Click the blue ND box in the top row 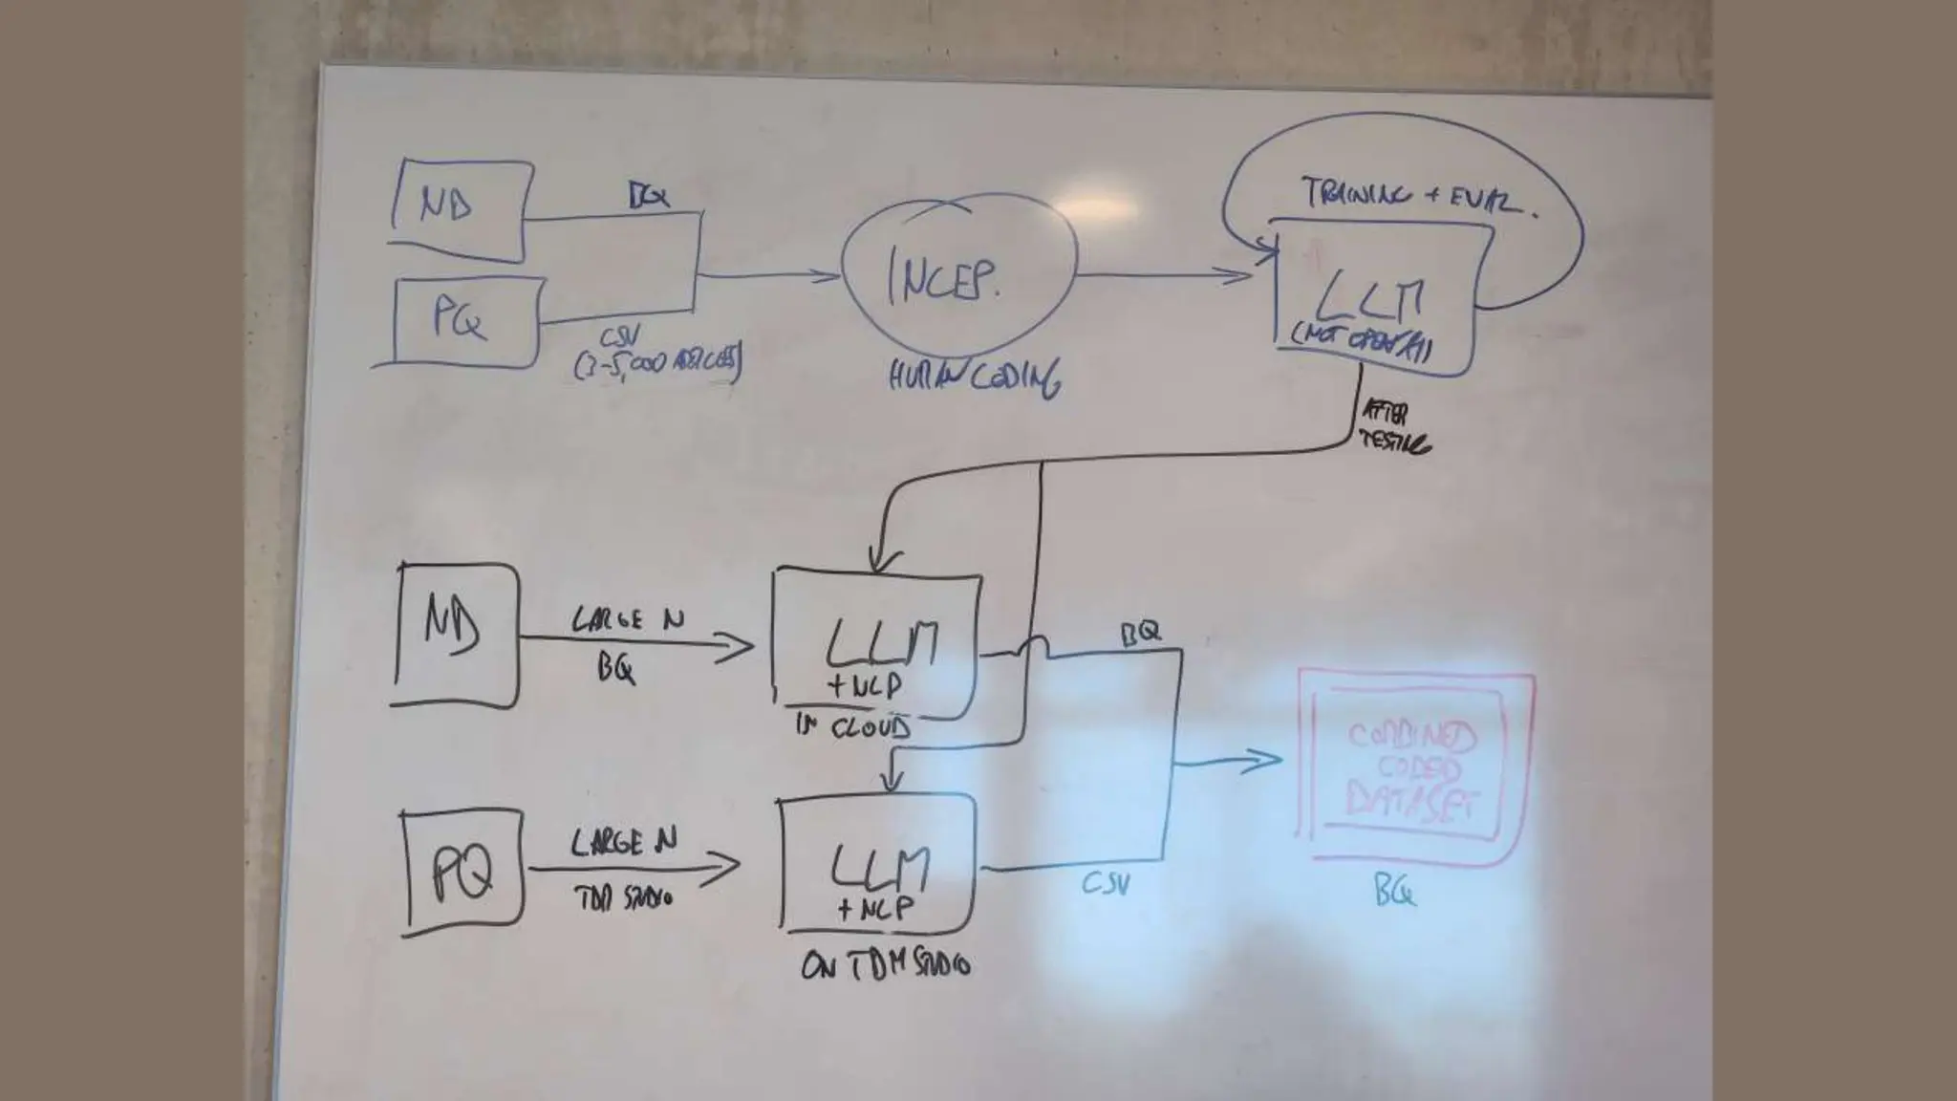pos(460,209)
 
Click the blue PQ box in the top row pos(465,321)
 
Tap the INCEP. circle pos(958,277)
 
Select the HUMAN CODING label pos(973,378)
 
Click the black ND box pos(456,635)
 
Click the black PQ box pos(462,872)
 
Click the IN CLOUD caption pos(853,728)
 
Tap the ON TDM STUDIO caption pos(885,966)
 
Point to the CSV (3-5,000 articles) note pos(656,355)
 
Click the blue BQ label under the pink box pos(1394,892)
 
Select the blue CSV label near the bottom pos(1106,884)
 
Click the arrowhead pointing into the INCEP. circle pos(828,276)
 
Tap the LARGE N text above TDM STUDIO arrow pos(623,843)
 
